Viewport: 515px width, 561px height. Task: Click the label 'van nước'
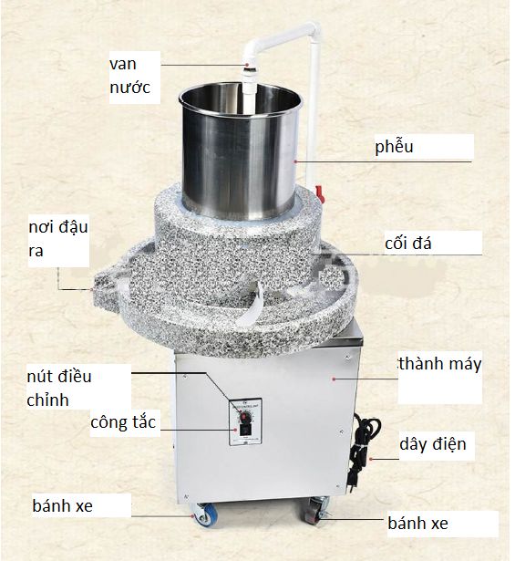[129, 76]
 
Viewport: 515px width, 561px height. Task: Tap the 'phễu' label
[394, 146]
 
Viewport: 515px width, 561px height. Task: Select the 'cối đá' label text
[408, 243]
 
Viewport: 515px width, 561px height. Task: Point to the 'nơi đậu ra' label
[58, 239]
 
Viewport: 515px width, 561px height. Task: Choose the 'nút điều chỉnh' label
[59, 389]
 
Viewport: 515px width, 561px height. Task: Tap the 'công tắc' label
[123, 422]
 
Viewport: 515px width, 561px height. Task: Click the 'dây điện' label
[433, 444]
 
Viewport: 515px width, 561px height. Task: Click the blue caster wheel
[206, 514]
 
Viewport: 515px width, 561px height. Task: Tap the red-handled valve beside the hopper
[320, 194]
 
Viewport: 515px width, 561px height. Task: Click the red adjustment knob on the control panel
[244, 417]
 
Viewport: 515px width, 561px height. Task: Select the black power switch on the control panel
[245, 430]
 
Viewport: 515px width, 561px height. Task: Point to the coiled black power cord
[365, 443]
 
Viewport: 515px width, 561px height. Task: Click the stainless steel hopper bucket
[240, 151]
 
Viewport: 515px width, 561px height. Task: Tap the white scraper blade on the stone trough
[250, 305]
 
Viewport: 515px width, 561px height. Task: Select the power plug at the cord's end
[352, 483]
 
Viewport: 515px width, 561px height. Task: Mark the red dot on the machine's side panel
[334, 379]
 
